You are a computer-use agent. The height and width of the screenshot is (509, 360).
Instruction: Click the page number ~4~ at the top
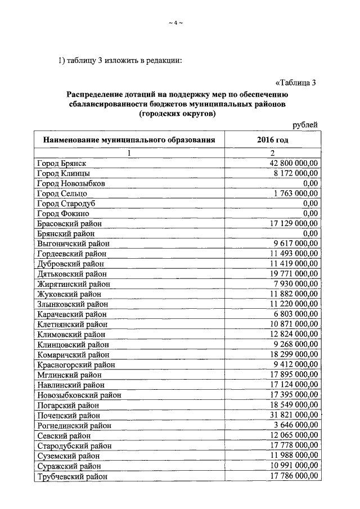(x=176, y=22)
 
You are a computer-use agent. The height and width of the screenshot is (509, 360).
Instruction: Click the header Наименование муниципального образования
(x=127, y=139)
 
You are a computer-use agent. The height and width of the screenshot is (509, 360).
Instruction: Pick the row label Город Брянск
(x=61, y=163)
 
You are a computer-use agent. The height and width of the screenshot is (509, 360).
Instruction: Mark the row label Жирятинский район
(x=73, y=284)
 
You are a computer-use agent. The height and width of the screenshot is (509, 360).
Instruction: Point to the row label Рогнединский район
(x=74, y=425)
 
